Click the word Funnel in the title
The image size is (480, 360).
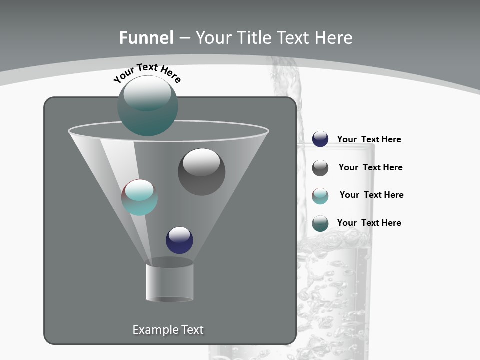146,38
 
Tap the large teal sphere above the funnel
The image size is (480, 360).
148,105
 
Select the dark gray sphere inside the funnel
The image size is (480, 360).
201,172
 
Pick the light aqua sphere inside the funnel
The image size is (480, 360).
139,197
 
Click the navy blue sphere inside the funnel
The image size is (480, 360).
179,240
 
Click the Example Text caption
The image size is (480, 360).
168,330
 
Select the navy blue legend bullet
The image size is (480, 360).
320,139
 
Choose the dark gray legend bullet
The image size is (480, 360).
320,168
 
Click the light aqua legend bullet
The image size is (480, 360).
320,196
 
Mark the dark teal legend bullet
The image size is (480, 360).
320,223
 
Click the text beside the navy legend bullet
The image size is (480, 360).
369,140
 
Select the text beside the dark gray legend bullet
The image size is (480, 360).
370,168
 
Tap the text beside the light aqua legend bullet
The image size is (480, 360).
371,195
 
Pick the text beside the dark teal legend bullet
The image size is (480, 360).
369,223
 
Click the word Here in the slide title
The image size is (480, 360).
335,38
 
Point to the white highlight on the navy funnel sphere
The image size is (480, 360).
180,234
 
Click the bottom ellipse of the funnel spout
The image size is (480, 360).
170,299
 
